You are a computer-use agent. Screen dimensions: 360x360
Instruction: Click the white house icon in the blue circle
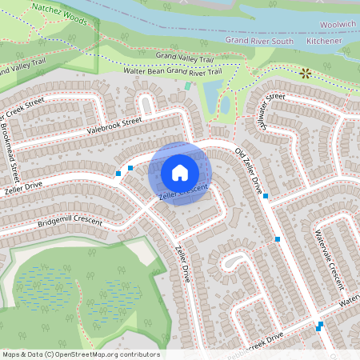180,172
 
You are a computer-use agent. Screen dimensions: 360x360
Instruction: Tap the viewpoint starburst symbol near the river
305,73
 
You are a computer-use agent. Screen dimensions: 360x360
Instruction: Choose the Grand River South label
259,39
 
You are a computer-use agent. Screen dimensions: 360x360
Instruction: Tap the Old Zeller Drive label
249,171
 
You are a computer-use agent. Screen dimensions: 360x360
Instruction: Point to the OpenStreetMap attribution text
80,354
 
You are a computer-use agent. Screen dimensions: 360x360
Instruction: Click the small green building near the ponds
188,86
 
